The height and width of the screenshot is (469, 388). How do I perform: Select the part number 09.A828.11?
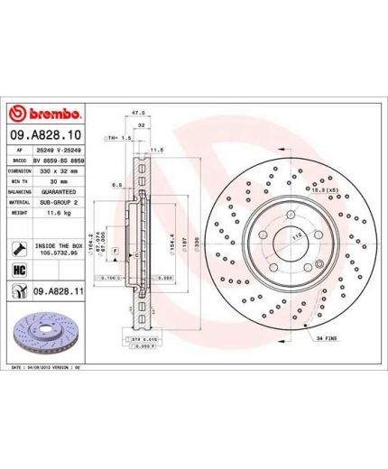[60, 290]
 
